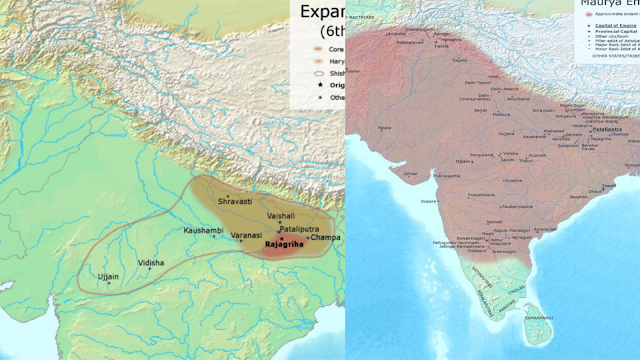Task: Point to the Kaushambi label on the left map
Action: pyautogui.click(x=204, y=231)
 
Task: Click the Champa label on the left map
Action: pyautogui.click(x=325, y=237)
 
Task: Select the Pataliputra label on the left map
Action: pyautogui.click(x=299, y=229)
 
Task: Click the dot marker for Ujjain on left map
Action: pyautogui.click(x=109, y=283)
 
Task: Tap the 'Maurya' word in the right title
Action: pyautogui.click(x=600, y=5)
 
